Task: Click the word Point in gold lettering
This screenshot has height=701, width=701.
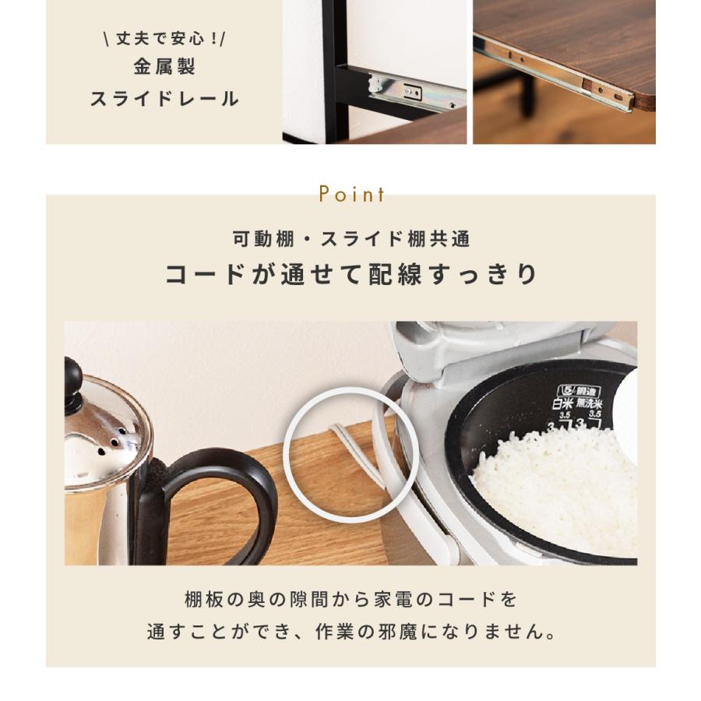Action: coord(350,194)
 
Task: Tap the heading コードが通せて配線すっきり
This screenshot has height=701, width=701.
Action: coord(350,275)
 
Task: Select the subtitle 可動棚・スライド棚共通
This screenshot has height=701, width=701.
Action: coord(350,239)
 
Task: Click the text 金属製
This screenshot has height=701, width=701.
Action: coord(164,67)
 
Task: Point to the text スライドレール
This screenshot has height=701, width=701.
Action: coord(164,99)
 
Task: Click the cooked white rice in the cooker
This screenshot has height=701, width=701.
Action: coord(545,483)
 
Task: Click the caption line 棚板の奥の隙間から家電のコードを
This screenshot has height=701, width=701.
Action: coord(350,601)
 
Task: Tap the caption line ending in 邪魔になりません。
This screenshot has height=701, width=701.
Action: coord(350,632)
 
